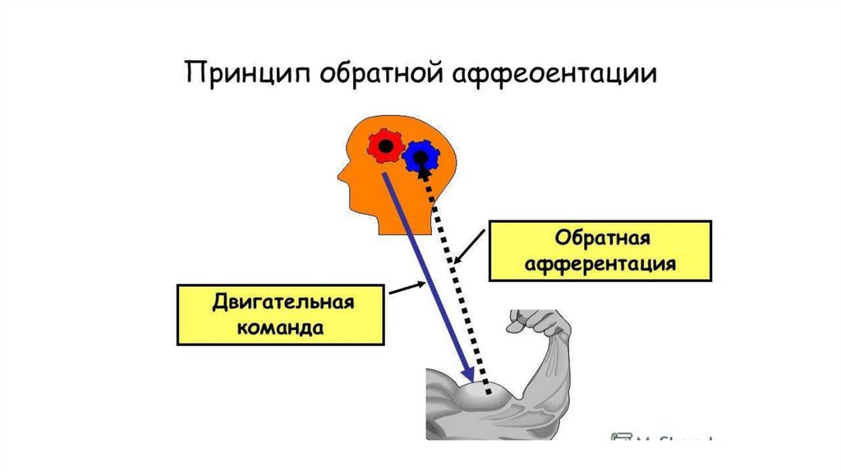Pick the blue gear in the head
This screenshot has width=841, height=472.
(421, 155)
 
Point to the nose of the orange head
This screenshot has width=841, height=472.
(341, 174)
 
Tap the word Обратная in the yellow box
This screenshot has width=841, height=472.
(603, 238)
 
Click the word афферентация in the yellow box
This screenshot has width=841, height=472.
(602, 264)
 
